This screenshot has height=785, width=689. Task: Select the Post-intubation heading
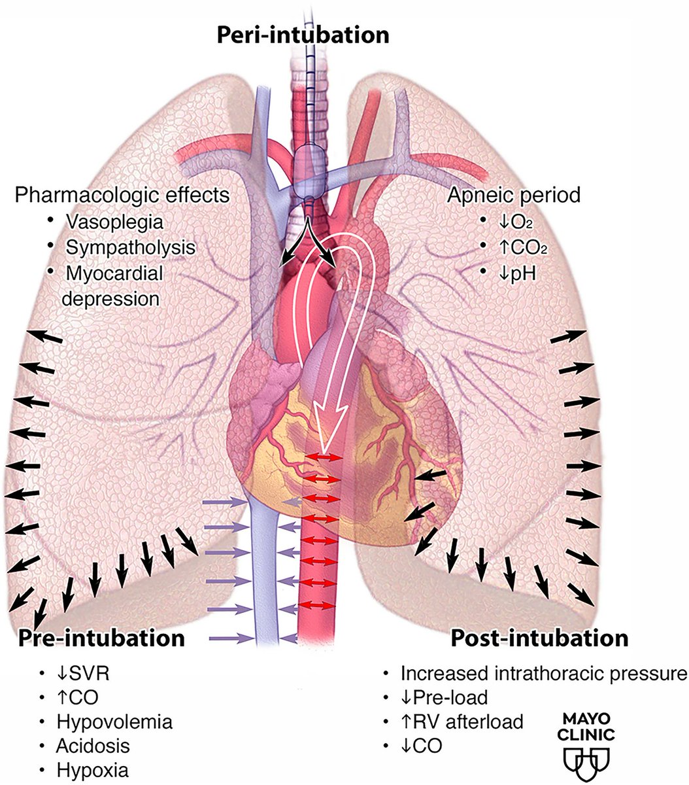point(539,638)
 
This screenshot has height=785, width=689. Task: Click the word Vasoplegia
point(114,222)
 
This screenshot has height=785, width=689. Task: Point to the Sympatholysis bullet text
point(130,247)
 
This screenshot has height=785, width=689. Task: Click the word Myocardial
point(114,273)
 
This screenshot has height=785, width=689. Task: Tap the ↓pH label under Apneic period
point(516,272)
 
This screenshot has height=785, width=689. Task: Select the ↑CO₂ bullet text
point(520,247)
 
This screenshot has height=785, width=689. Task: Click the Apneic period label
point(514,195)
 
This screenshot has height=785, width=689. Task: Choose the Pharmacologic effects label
point(122,195)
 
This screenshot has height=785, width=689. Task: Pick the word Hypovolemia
point(114,722)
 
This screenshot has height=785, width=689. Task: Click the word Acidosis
point(93,745)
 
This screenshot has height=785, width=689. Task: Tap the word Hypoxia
point(92,769)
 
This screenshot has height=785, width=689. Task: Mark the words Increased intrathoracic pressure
point(544,673)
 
